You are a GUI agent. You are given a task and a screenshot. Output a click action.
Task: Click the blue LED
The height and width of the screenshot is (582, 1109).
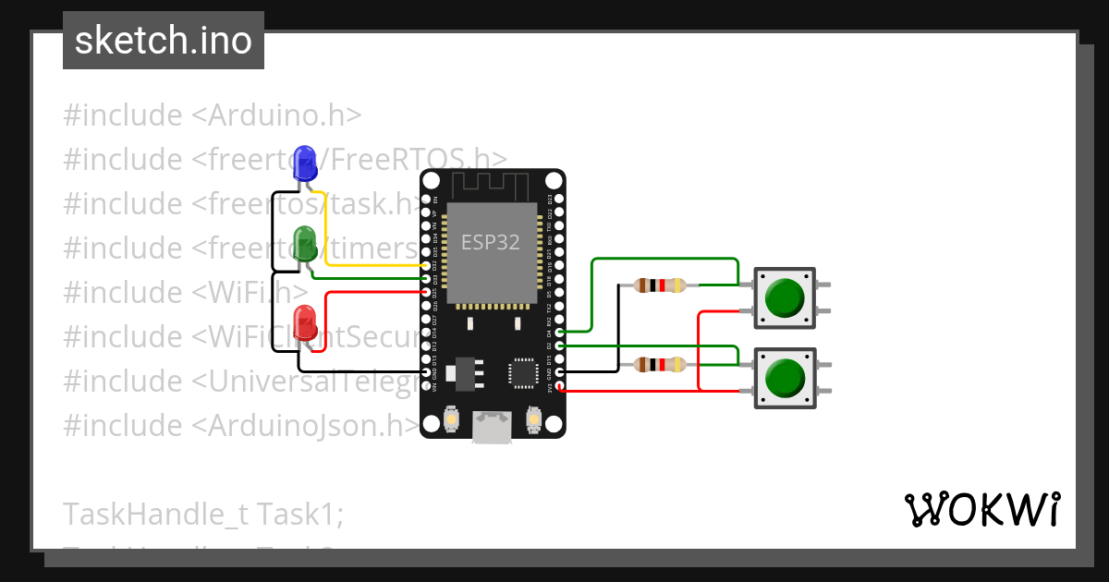pyautogui.click(x=304, y=162)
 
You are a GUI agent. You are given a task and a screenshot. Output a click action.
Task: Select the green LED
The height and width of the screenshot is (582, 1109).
pyautogui.click(x=304, y=242)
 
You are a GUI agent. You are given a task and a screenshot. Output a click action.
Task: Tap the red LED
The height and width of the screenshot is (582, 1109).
pyautogui.click(x=305, y=323)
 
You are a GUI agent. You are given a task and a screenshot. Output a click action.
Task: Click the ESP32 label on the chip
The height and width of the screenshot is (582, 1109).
pyautogui.click(x=490, y=242)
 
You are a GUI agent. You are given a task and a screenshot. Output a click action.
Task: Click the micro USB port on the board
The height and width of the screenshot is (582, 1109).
pyautogui.click(x=492, y=426)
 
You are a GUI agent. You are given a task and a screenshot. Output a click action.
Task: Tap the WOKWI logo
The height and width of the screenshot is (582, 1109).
pyautogui.click(x=981, y=509)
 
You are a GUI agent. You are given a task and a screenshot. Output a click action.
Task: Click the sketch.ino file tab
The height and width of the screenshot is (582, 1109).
pyautogui.click(x=164, y=41)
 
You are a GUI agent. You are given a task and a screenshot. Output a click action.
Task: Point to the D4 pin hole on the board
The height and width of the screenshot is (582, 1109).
pyautogui.click(x=560, y=330)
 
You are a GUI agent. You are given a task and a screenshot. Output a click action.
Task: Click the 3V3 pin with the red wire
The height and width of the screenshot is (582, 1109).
pyautogui.click(x=560, y=385)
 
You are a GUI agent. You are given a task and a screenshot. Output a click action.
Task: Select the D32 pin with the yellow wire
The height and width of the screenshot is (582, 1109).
pyautogui.click(x=426, y=266)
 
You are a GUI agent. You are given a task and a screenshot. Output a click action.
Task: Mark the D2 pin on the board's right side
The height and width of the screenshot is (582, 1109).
pyautogui.click(x=560, y=345)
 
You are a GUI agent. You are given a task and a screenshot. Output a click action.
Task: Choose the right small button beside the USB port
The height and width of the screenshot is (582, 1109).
pyautogui.click(x=533, y=419)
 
